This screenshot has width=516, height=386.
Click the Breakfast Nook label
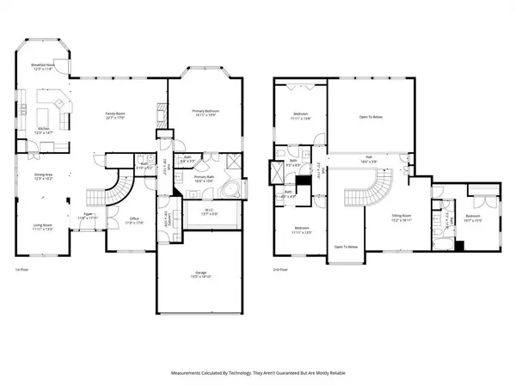44,67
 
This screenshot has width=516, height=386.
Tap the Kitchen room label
43,131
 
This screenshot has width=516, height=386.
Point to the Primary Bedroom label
206,112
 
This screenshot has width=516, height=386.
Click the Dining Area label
43,176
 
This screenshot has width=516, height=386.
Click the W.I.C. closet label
209,211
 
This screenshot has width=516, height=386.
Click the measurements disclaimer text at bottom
258,375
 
